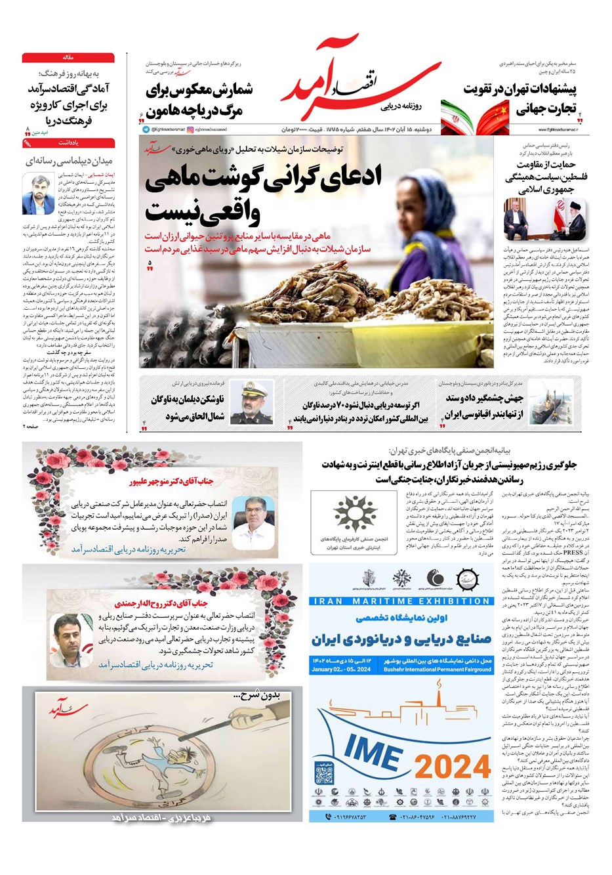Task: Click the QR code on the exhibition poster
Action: (325, 775)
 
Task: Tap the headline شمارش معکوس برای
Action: (199, 91)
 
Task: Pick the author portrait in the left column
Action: (37, 194)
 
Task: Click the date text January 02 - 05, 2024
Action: (341, 670)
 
